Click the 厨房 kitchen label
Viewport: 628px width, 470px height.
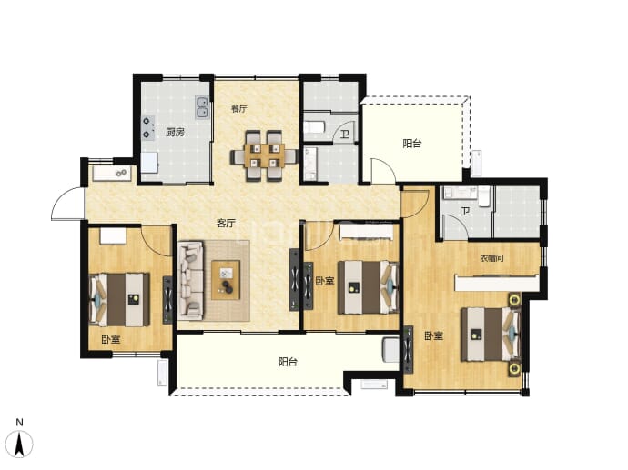pos(175,132)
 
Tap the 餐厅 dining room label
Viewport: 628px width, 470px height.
pos(239,108)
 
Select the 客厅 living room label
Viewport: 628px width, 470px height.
pos(226,224)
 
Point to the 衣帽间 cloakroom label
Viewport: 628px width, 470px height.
pos(491,258)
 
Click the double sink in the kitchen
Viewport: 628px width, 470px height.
pos(202,107)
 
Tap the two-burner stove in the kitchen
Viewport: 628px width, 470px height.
pos(147,127)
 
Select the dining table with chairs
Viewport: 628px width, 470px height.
pos(264,156)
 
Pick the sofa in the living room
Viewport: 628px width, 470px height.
pos(190,280)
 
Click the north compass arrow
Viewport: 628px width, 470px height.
pos(20,444)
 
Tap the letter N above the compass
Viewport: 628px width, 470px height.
pos(20,422)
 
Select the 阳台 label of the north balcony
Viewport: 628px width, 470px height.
pos(412,144)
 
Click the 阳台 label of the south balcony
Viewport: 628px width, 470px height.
pos(288,362)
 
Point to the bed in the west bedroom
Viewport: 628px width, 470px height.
pos(119,300)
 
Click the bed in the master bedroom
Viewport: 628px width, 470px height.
pos(491,334)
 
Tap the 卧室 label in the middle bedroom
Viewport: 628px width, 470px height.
pos(325,281)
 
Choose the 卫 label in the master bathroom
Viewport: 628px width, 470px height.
pos(465,211)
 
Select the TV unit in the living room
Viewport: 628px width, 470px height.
pos(294,280)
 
